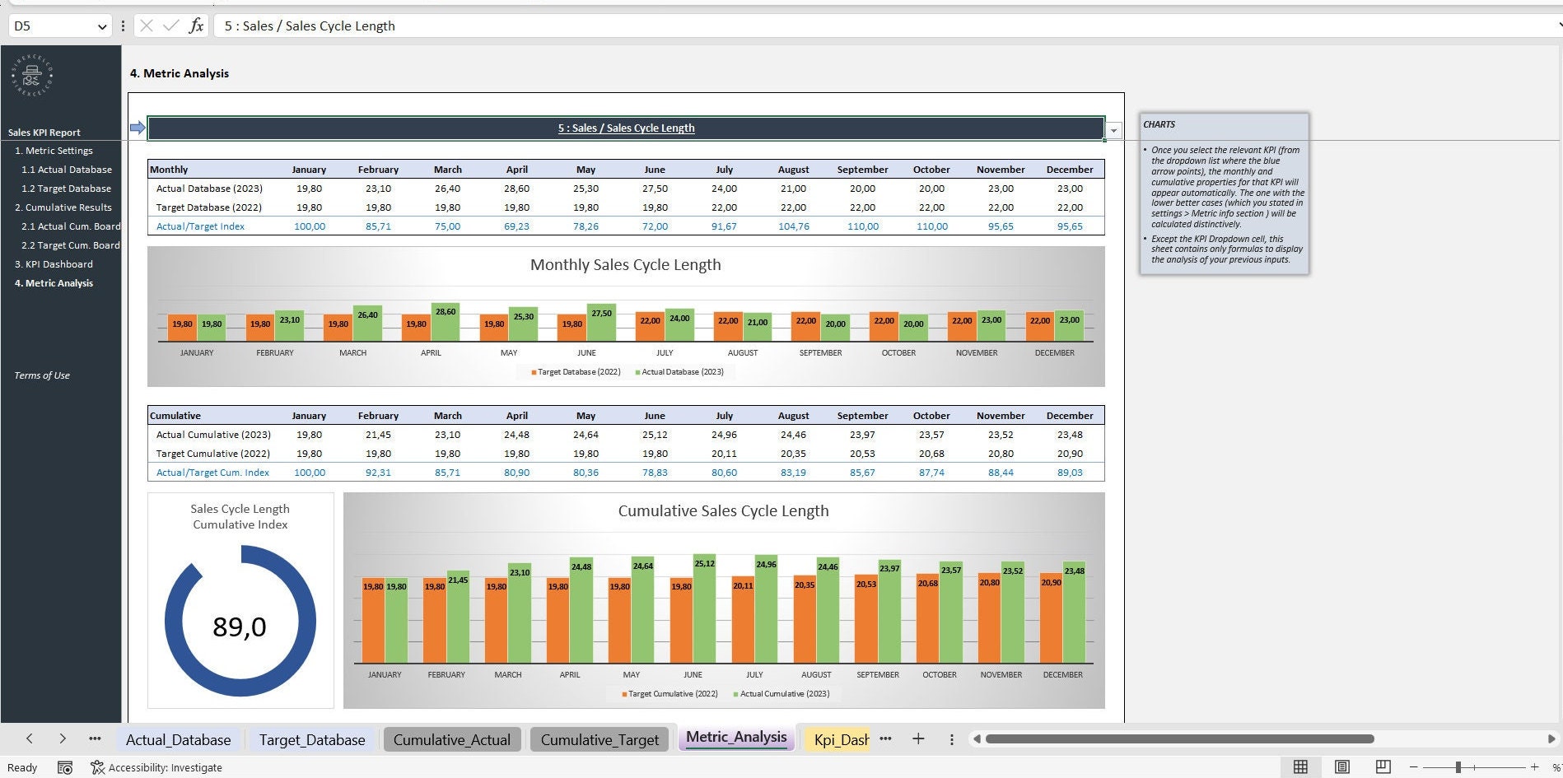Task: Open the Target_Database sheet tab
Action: [x=311, y=739]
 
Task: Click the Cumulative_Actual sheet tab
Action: [x=451, y=739]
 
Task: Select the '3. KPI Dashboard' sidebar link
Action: [x=54, y=264]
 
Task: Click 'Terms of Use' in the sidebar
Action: [x=42, y=375]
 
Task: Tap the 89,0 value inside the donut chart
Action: [x=240, y=627]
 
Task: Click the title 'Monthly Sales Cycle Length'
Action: [x=625, y=265]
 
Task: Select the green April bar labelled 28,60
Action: [x=446, y=324]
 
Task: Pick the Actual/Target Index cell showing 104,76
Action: [x=793, y=226]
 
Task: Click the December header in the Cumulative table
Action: [x=1069, y=416]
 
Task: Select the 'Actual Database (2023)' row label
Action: [x=209, y=189]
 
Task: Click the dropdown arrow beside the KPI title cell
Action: [x=1113, y=130]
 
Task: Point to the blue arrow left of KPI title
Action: [x=138, y=128]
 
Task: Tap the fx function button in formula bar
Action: [x=196, y=26]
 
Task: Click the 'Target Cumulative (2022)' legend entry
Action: [x=672, y=694]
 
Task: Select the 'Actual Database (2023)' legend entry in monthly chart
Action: [x=682, y=372]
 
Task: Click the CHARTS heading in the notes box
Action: [x=1159, y=124]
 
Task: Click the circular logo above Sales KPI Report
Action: [x=32, y=77]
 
